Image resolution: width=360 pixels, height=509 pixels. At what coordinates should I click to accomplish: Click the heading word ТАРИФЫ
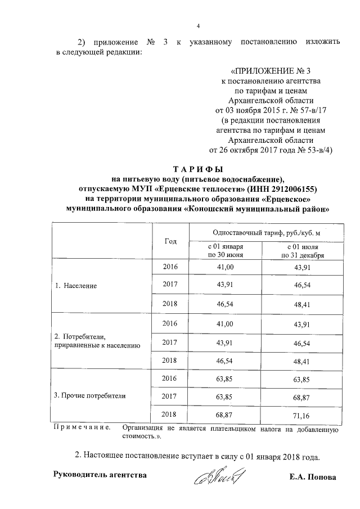tap(197, 169)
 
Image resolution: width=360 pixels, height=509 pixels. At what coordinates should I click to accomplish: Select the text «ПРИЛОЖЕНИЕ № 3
tap(271, 71)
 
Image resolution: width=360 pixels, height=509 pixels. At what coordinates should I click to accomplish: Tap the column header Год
tap(170, 241)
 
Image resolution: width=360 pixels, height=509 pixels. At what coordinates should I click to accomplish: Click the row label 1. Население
tap(76, 285)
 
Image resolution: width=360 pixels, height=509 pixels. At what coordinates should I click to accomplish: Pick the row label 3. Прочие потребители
tap(89, 395)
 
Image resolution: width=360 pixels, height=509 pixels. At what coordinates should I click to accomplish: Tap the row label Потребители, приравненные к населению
tap(96, 341)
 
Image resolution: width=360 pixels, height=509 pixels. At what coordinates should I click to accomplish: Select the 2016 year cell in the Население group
tap(170, 267)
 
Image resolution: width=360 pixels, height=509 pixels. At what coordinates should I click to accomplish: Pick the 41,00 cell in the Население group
tap(225, 267)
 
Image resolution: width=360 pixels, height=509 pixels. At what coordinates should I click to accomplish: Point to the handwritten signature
tap(216, 478)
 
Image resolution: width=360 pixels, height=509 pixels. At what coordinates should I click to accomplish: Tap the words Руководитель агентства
tap(100, 475)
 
